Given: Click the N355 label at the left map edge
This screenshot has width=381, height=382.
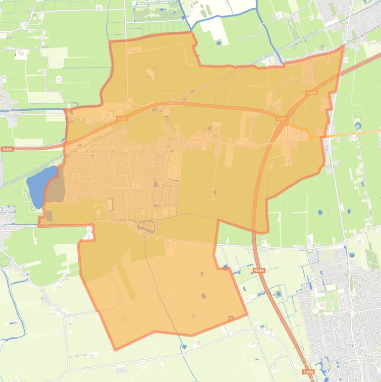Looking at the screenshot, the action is pyautogui.click(x=7, y=148).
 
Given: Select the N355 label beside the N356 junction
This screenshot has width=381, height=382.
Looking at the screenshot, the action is pyautogui.click(x=281, y=119).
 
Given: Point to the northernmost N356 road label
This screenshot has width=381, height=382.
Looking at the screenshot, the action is pyautogui.click(x=311, y=93).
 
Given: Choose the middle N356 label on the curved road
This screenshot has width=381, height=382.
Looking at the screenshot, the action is pyautogui.click(x=258, y=270).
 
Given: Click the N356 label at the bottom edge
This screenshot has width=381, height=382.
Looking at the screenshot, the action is pyautogui.click(x=308, y=371).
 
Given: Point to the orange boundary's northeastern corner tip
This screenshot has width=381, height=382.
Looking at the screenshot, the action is pyautogui.click(x=343, y=46).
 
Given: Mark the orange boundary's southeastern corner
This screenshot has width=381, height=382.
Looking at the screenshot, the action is pyautogui.click(x=246, y=314).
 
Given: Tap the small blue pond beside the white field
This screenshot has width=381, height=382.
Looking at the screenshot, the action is pyautogui.click(x=219, y=42).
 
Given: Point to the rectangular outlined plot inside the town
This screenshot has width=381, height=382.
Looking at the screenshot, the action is pyautogui.click(x=109, y=204).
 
